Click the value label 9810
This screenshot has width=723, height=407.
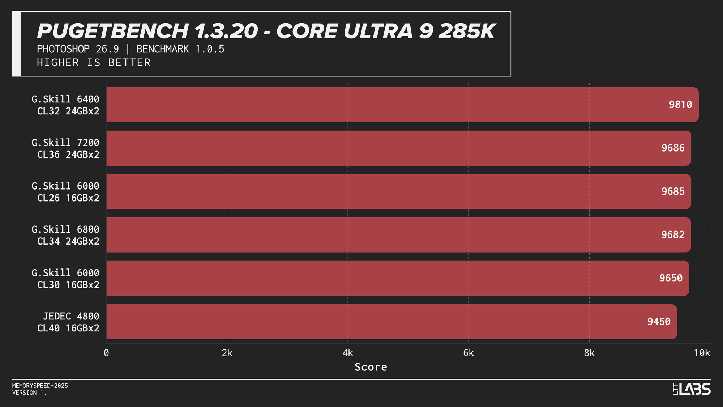[680, 105]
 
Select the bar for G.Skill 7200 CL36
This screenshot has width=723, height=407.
[398, 148]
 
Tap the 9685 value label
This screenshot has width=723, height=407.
[673, 191]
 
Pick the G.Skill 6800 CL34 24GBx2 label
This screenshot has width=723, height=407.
[65, 235]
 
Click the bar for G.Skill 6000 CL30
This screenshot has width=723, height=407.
[398, 278]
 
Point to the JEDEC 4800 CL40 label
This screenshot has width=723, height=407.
[68, 322]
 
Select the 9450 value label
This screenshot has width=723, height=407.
[659, 322]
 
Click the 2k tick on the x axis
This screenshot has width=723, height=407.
[227, 353]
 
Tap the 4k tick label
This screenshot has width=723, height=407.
[348, 353]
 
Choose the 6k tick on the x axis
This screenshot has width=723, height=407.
[469, 353]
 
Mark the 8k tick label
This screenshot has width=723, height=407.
[589, 353]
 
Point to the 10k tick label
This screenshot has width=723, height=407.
[702, 353]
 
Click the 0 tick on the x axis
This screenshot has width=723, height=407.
[106, 353]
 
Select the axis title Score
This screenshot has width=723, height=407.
[371, 367]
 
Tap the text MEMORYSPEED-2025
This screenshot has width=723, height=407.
[40, 386]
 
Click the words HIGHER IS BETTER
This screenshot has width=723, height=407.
[94, 63]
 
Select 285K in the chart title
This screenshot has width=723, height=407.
[467, 31]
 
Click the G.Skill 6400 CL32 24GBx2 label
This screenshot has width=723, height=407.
[65, 105]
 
